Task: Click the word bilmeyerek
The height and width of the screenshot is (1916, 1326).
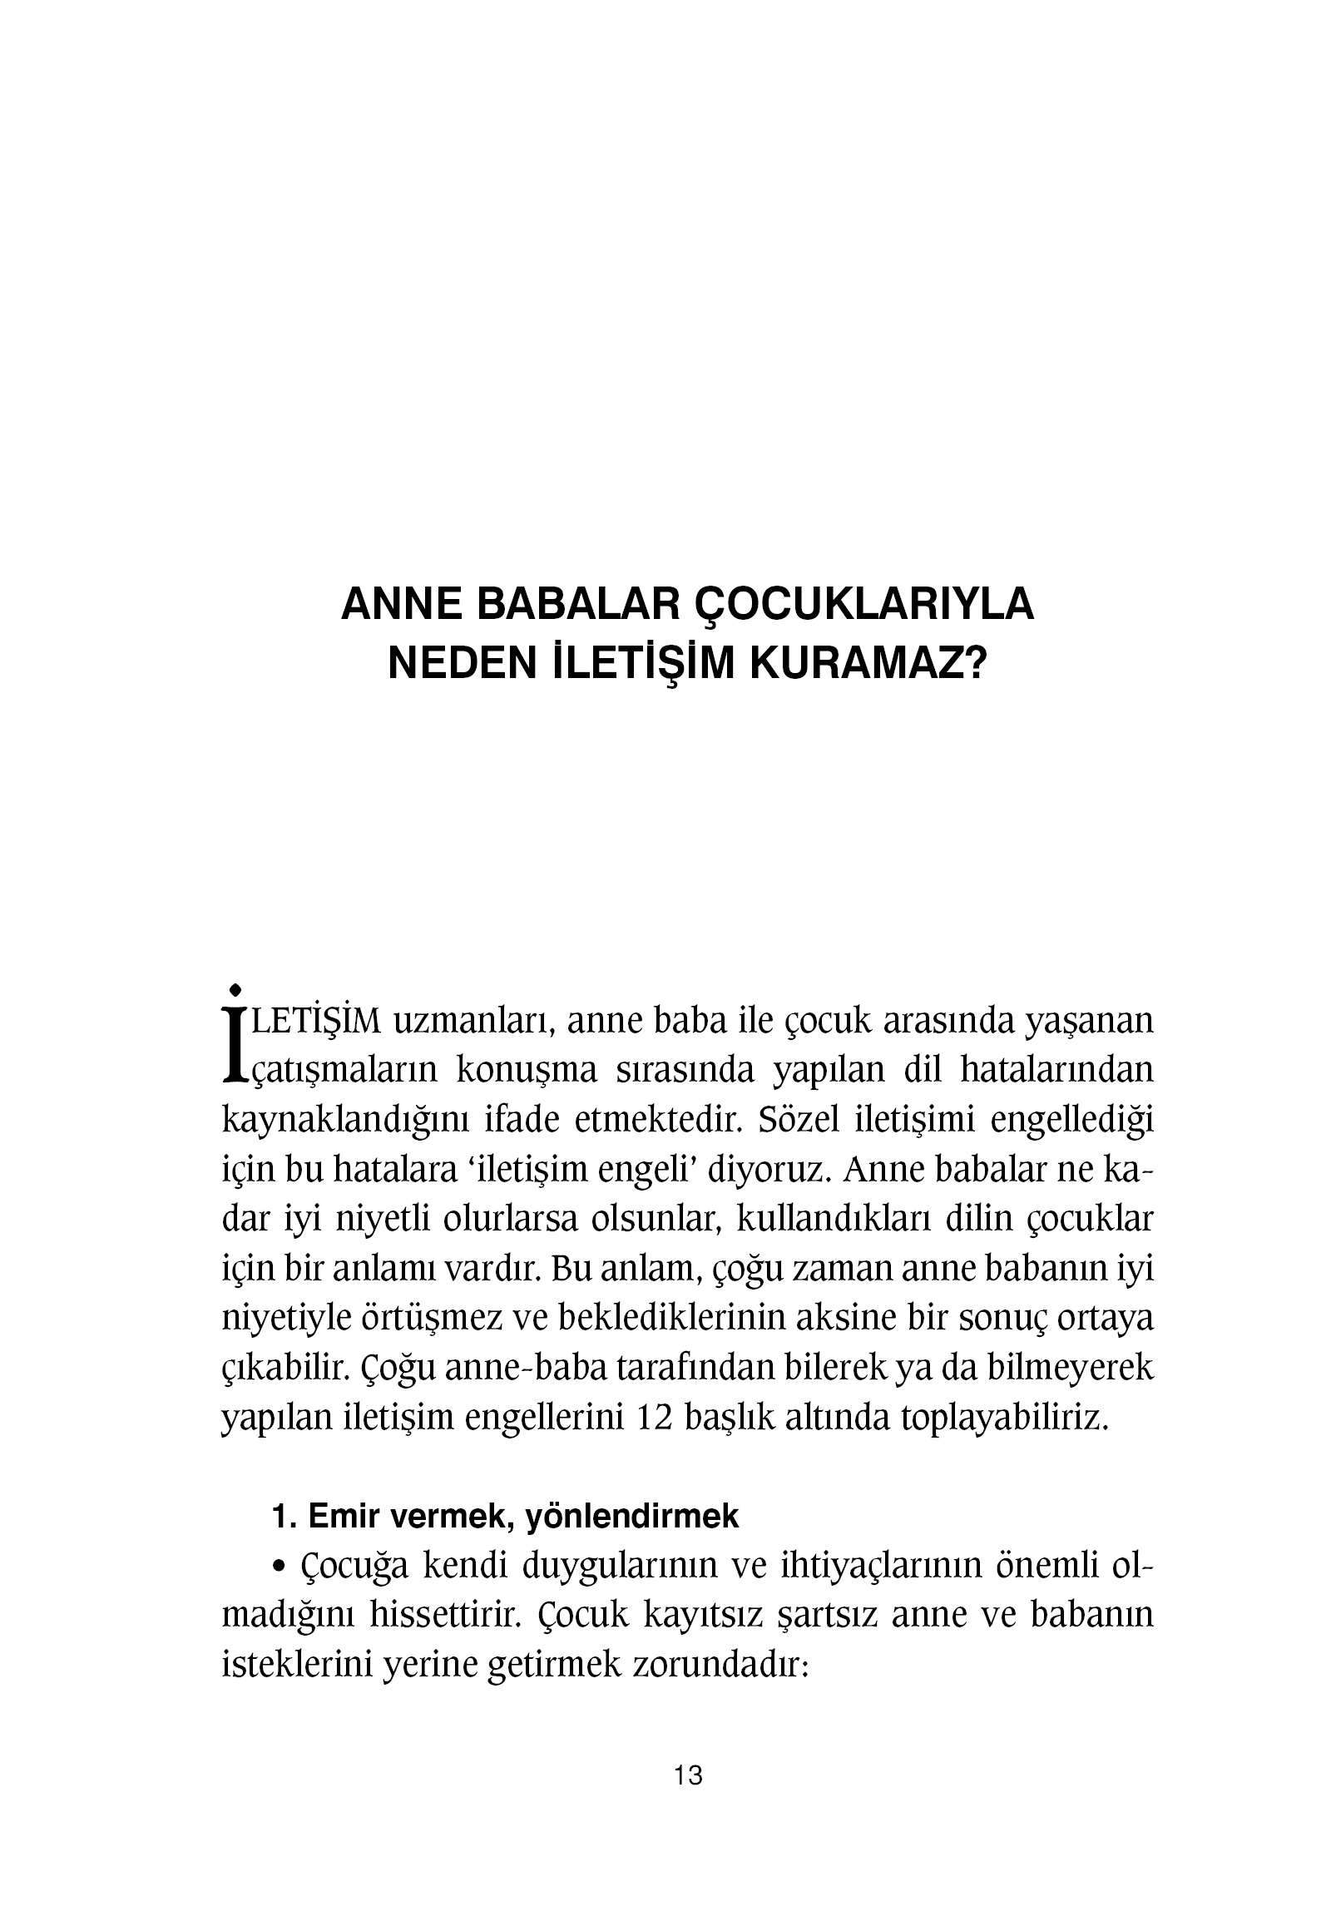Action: click(1070, 1369)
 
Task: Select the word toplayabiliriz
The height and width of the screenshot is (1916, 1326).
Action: click(1005, 1418)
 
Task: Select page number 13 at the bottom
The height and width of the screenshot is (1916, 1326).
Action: click(689, 1799)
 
